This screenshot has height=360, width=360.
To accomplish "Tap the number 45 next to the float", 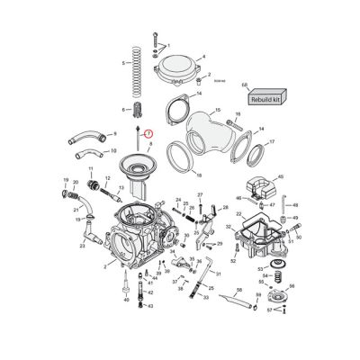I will (x=281, y=177).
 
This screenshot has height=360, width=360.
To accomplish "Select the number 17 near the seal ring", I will (x=272, y=142).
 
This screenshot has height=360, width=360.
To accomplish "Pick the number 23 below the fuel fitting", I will (x=82, y=245).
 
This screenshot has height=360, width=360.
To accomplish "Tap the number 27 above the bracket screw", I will (x=200, y=195).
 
